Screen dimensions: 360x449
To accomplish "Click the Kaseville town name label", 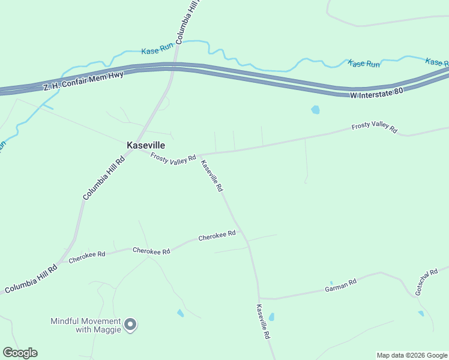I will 146,145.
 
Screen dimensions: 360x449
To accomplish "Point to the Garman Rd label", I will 340,285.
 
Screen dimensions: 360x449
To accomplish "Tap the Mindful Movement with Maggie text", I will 86,325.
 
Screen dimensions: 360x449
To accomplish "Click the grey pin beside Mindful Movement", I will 130,325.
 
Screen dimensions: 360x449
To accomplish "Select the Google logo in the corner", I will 20,353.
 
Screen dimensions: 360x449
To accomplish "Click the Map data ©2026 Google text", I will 412,355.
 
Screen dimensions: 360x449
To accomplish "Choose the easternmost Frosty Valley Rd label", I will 374,128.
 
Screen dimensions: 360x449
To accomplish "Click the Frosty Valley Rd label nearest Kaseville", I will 173,158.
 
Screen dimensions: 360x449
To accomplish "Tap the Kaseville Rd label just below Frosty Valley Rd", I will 212,176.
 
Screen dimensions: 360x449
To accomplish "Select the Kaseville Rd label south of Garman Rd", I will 263,323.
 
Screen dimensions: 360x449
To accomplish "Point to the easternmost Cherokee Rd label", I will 217,236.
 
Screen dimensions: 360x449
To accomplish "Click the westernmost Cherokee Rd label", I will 87,257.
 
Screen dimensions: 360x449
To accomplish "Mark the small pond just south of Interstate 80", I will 315,110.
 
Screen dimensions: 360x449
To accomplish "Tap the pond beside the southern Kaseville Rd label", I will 271,317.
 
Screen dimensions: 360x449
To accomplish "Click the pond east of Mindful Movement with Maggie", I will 180,313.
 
